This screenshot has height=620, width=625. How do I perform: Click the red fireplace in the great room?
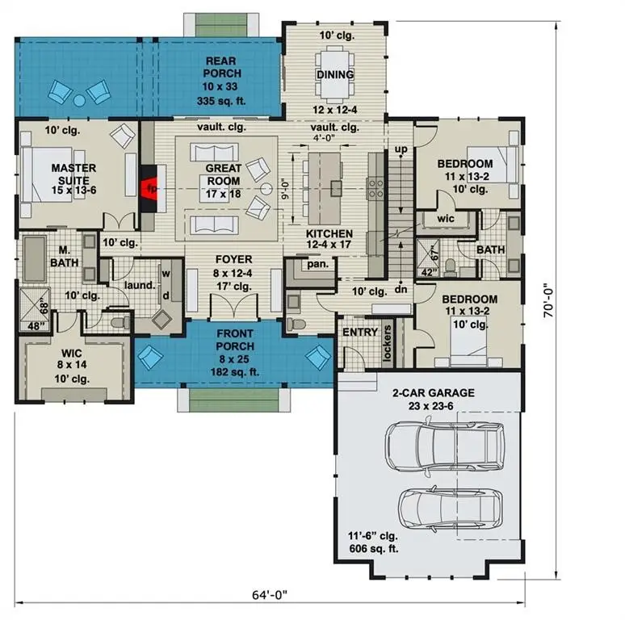point(149,188)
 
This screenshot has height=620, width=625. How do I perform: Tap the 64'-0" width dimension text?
point(270,595)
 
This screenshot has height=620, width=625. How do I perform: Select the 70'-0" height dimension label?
point(549,300)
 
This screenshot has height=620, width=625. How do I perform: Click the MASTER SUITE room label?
point(73,174)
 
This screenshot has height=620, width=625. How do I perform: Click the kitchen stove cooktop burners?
point(375,189)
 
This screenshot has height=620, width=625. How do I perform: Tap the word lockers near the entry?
point(387,343)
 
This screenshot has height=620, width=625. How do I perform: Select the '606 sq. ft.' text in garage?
point(374,549)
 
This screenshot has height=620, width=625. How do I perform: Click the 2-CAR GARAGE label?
point(434,393)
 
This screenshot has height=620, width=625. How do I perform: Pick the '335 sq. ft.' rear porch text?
point(221,101)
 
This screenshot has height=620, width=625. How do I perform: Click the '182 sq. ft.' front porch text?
point(235,372)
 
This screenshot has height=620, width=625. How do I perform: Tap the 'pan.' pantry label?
point(317,264)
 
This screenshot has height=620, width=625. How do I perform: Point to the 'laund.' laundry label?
point(140,285)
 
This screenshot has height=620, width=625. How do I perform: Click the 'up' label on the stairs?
point(401,149)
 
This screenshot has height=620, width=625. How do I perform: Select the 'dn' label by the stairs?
point(401,289)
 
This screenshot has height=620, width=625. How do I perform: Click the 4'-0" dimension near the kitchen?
point(323,138)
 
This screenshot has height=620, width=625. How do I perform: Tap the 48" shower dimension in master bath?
point(36,326)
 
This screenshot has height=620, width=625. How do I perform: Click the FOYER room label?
point(234,259)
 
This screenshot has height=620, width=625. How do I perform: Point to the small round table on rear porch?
point(79,100)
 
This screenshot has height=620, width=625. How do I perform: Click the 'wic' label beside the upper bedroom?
point(446,218)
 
